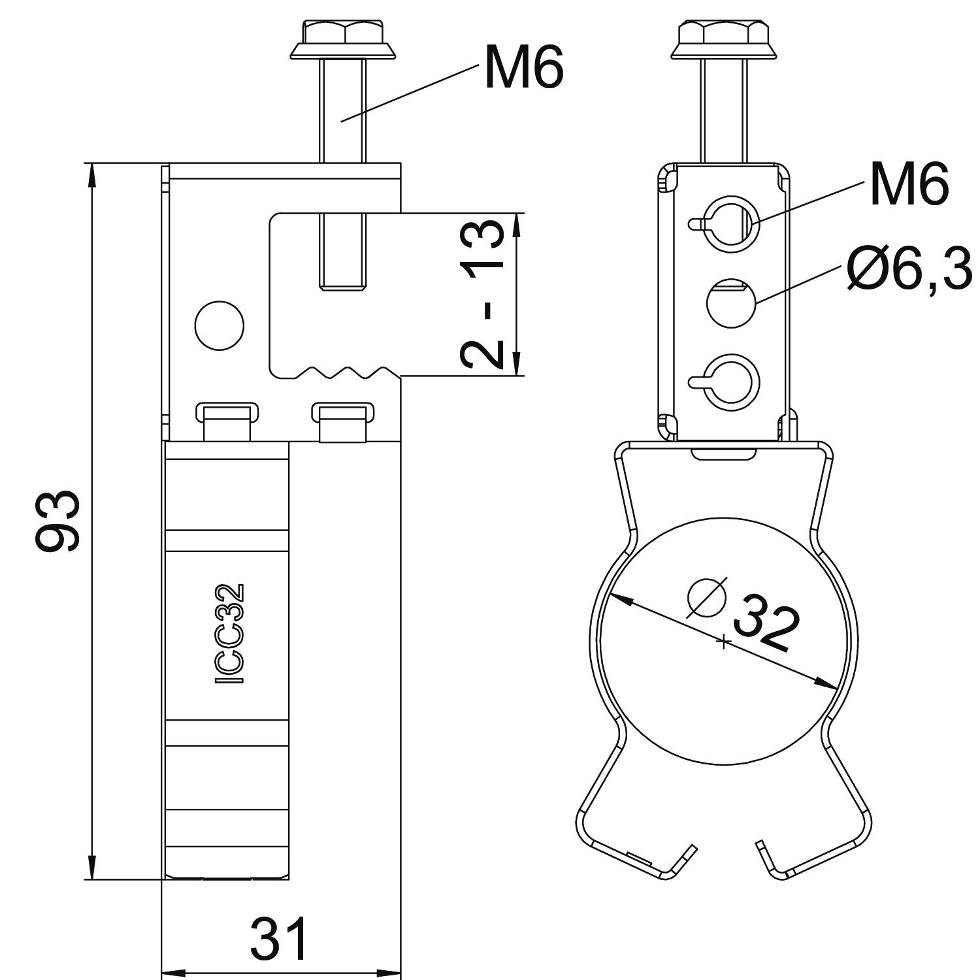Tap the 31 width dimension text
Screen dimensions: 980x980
tap(279, 939)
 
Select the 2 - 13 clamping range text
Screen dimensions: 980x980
tap(482, 294)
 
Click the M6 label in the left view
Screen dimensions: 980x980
tap(523, 67)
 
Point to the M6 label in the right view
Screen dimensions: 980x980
tap(909, 184)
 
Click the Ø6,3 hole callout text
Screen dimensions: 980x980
tap(909, 268)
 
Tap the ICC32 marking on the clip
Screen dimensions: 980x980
tap(230, 634)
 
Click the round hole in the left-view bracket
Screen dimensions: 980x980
tap(220, 325)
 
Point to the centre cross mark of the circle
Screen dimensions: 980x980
tap(723, 642)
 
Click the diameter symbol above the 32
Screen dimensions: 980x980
tap(708, 596)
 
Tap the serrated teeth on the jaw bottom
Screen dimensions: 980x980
tap(340, 372)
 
